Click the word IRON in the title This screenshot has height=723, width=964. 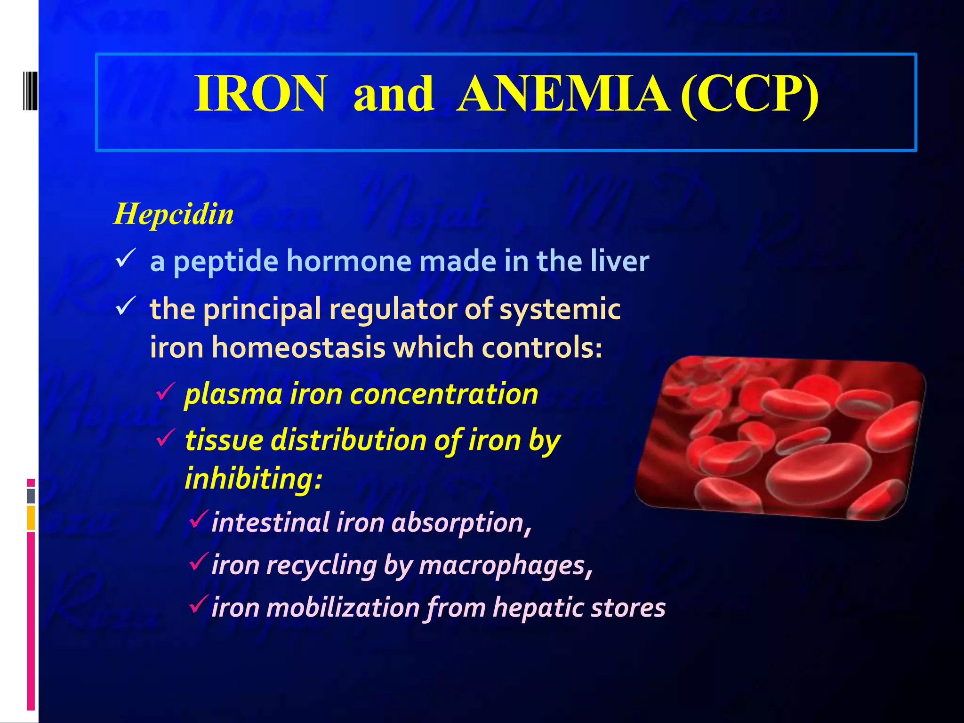(260, 94)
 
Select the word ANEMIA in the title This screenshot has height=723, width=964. (563, 94)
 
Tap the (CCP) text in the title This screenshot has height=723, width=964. (749, 94)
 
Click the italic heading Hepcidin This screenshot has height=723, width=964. (174, 214)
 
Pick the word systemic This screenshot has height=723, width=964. (560, 310)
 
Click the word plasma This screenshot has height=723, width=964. (233, 394)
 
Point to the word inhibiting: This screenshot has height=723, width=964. (254, 479)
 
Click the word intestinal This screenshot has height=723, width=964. (270, 522)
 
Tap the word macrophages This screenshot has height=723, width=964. (502, 565)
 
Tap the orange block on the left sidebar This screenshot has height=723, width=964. (31, 518)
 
